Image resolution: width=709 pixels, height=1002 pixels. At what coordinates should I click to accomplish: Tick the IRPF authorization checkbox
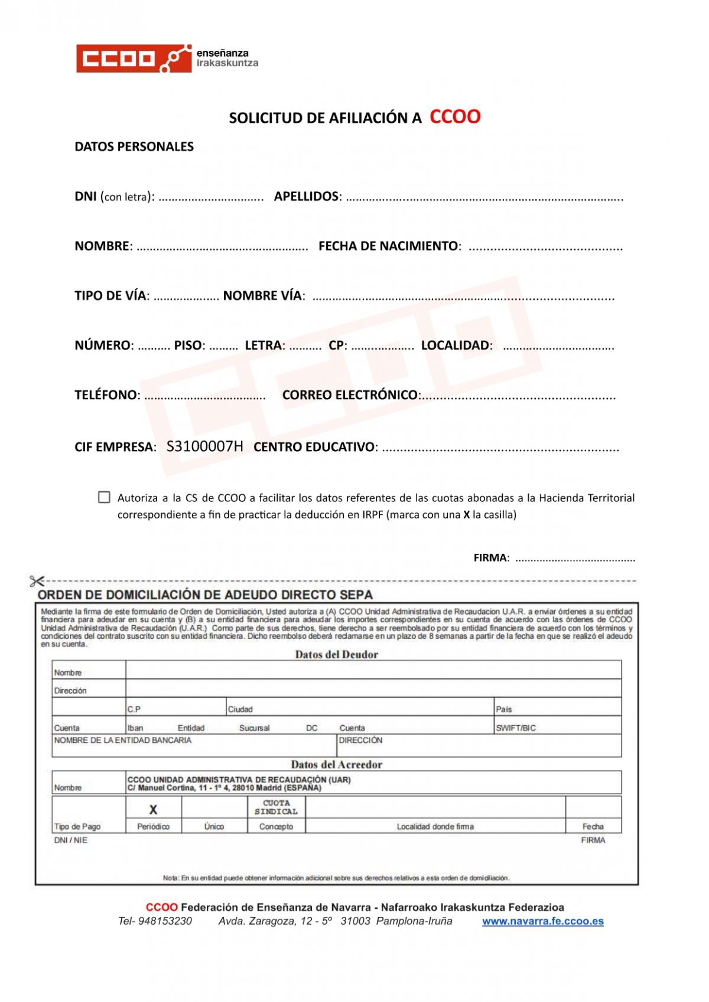[x=104, y=497]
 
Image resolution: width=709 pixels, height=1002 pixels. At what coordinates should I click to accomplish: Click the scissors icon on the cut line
[x=37, y=582]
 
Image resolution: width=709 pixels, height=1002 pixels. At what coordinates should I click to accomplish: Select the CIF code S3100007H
[x=204, y=446]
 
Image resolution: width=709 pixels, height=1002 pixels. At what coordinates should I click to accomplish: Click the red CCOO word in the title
[x=454, y=116]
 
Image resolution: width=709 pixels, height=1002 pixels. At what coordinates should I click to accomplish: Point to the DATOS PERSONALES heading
[x=134, y=146]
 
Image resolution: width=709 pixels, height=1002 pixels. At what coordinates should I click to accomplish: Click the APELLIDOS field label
[x=307, y=196]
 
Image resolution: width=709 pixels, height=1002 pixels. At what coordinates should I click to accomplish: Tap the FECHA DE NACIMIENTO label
[x=389, y=246]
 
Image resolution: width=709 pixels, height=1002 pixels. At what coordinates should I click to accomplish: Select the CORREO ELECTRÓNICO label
[x=350, y=394]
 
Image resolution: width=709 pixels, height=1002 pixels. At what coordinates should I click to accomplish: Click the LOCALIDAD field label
[x=456, y=345]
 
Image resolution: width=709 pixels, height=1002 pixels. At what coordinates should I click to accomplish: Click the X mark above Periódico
[x=153, y=810]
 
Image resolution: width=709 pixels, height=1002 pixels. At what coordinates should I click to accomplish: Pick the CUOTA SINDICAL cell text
[x=276, y=807]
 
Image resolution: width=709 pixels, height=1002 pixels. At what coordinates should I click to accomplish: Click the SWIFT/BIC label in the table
[x=516, y=728]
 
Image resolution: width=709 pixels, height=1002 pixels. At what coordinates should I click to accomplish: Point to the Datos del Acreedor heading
[x=336, y=764]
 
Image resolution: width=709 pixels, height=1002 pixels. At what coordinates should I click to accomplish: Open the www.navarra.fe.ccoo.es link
[x=542, y=921]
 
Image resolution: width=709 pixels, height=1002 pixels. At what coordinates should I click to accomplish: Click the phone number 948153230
[x=164, y=921]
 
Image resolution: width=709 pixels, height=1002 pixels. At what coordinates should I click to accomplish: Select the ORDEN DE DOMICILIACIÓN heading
[x=205, y=595]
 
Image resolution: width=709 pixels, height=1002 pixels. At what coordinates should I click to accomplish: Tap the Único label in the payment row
[x=214, y=827]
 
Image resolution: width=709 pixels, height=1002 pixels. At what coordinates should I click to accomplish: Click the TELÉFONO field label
[x=106, y=394]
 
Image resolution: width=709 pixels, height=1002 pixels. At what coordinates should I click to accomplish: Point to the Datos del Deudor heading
[x=336, y=654]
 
